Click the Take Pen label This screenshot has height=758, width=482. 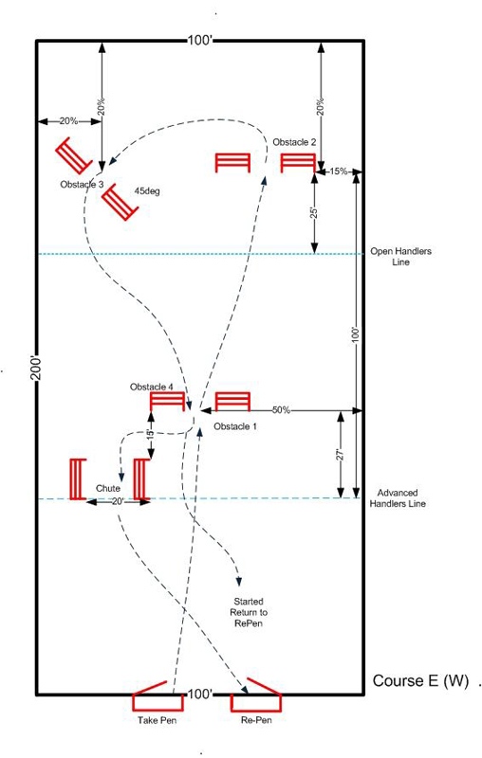pos(157,720)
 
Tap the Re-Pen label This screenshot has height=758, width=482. pos(256,720)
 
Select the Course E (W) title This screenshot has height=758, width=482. pos(420,680)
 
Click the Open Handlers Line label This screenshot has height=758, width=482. pos(400,257)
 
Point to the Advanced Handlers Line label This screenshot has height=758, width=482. pos(398,498)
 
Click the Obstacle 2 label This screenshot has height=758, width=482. pos(294,142)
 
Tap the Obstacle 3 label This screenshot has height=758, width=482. pos(82,184)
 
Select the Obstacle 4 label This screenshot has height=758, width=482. pos(152,387)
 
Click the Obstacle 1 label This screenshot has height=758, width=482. pos(235,426)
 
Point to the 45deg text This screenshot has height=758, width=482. pos(147,191)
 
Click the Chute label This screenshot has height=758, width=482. pos(108,488)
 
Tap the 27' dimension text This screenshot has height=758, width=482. pos(341,455)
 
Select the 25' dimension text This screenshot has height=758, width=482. pos(314,212)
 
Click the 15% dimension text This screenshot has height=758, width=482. pos(339,171)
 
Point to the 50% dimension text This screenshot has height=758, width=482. pos(281,410)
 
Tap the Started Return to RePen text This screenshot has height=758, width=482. pos(249,612)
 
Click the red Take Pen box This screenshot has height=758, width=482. pos(158,701)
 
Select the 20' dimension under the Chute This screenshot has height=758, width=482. pos(118,502)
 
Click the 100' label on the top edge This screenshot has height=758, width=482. pos(200,40)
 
